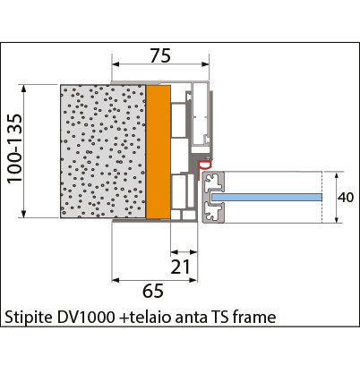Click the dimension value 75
click(160, 55)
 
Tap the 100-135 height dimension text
click(14, 148)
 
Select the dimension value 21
click(180, 267)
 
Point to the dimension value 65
click(153, 291)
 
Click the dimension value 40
click(346, 198)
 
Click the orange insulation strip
click(159, 151)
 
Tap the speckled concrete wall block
click(103, 151)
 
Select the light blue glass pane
click(267, 197)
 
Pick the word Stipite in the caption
click(29, 318)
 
